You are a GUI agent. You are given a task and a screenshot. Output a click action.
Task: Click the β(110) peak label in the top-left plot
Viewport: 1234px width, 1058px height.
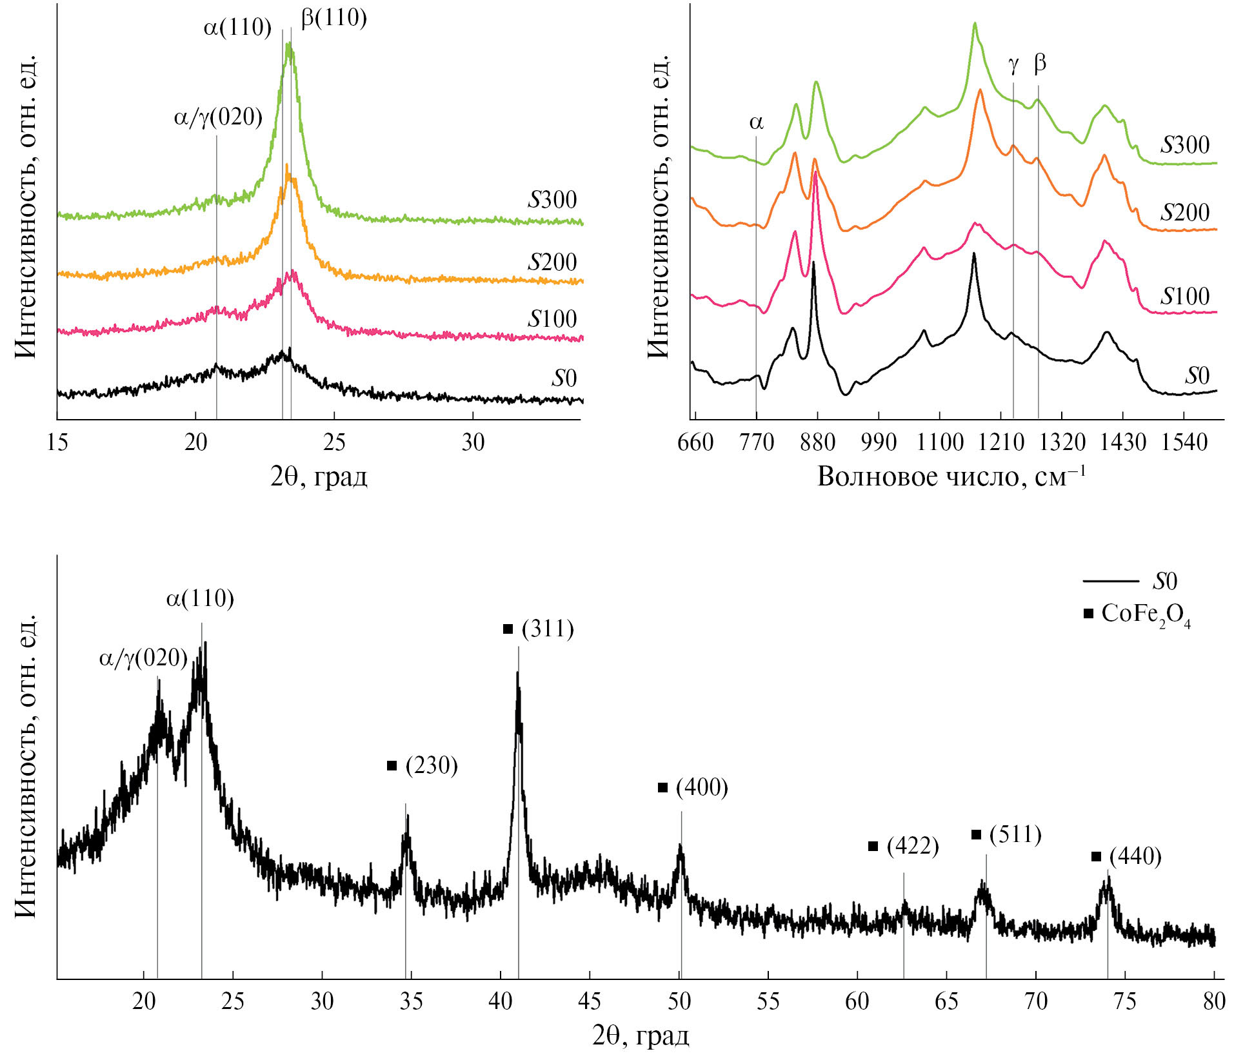pyautogui.click(x=333, y=17)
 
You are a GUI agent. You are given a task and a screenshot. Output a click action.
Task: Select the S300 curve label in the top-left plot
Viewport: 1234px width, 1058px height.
pyautogui.click(x=552, y=200)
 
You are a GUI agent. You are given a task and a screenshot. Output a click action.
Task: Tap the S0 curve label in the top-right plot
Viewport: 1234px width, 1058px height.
pyautogui.click(x=1197, y=376)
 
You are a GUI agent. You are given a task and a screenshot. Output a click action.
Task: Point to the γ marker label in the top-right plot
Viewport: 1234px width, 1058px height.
pyautogui.click(x=1013, y=64)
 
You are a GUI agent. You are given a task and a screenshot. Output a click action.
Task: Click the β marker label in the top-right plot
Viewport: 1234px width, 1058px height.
pyautogui.click(x=1040, y=63)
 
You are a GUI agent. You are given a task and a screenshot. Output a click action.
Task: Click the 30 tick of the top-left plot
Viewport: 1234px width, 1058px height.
pyautogui.click(x=473, y=442)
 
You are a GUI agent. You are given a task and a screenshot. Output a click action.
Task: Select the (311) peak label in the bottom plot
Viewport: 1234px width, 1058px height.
pyautogui.click(x=548, y=629)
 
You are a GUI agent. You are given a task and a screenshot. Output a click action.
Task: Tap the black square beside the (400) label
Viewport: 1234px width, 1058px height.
pyautogui.click(x=662, y=788)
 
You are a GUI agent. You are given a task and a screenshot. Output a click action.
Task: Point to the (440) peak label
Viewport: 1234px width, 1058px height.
pyautogui.click(x=1135, y=857)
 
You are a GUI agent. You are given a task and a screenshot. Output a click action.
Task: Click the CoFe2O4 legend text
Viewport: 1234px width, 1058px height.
pyautogui.click(x=1146, y=614)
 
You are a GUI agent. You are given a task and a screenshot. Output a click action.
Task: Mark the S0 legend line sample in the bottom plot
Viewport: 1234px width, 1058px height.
pyautogui.click(x=1111, y=582)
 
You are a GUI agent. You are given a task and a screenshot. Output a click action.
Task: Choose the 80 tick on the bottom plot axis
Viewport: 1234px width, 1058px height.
pyautogui.click(x=1214, y=1001)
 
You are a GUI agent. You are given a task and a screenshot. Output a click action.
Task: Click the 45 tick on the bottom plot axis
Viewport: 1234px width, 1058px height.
pyautogui.click(x=590, y=1001)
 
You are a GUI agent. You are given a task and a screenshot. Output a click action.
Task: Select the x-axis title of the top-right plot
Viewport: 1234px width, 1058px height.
pyautogui.click(x=951, y=476)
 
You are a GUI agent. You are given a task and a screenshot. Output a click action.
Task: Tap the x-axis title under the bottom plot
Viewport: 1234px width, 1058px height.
pyautogui.click(x=641, y=1036)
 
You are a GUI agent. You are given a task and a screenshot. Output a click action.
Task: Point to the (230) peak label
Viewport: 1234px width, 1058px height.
pyautogui.click(x=432, y=766)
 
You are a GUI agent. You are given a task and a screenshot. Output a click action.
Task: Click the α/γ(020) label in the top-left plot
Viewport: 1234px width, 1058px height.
pyautogui.click(x=218, y=118)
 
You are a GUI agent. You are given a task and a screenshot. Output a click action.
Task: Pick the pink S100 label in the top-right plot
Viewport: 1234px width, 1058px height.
pyautogui.click(x=1185, y=297)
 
